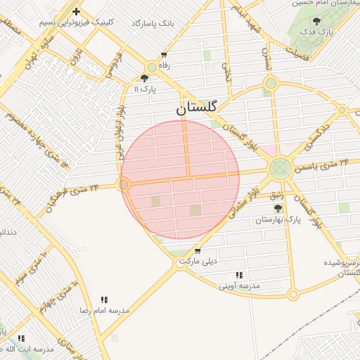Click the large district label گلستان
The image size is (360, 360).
pyautogui.click(x=197, y=108)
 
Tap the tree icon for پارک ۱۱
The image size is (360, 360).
pyautogui.click(x=145, y=78)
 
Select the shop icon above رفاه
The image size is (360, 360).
pyautogui.click(x=164, y=55)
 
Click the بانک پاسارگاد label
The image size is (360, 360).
pyautogui.click(x=152, y=23)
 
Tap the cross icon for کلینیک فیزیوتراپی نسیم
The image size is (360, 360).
pyautogui.click(x=76, y=11)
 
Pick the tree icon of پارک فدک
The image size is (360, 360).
pyautogui.click(x=317, y=21)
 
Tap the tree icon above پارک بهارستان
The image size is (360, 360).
pyautogui.click(x=278, y=209)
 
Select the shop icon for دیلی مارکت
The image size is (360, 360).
pyautogui.click(x=197, y=251)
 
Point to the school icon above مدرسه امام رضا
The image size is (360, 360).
pyautogui.click(x=105, y=300)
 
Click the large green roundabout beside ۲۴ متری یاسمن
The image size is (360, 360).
pyautogui.click(x=280, y=168)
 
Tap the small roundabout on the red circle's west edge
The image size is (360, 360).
pyautogui.click(x=124, y=184)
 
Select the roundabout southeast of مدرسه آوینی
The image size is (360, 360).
pyautogui.click(x=292, y=295)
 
